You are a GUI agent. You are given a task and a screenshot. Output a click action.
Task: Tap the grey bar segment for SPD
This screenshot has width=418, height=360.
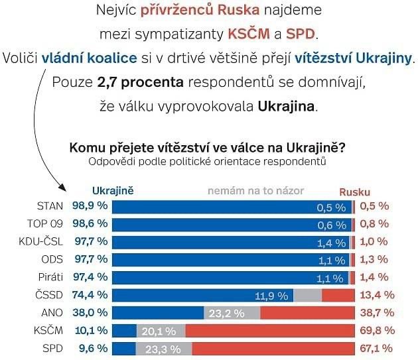click(164, 347)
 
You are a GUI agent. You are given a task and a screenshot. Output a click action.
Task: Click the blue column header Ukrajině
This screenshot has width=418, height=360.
click(113, 190)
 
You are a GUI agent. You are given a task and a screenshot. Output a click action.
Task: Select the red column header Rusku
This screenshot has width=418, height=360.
click(355, 191)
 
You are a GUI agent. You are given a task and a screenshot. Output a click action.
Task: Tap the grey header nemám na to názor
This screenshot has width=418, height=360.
click(256, 190)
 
